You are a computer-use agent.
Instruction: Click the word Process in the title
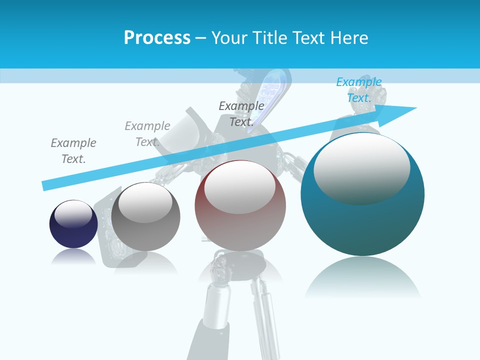coord(157,38)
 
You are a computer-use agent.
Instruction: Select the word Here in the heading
coord(347,38)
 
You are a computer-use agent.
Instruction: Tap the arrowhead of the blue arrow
coord(400,112)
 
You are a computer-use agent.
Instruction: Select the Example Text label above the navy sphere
coord(73,151)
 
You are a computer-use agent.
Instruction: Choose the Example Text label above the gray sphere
coord(147,134)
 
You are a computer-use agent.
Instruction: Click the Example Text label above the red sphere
coord(241,114)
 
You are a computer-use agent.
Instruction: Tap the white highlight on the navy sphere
coord(73,214)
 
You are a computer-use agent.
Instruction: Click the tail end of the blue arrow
coord(46,185)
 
